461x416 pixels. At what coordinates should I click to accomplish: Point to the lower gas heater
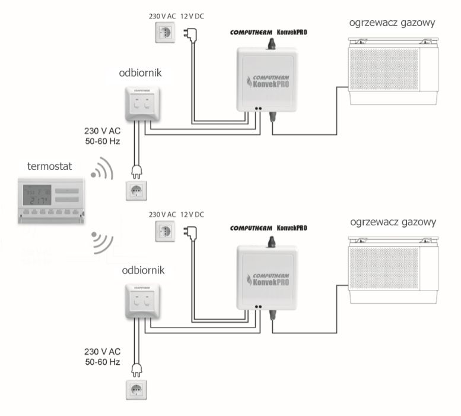pos(393,267)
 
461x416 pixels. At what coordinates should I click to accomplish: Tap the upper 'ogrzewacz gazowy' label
pos(393,24)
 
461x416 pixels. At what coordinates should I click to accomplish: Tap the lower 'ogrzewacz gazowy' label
pos(393,222)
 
